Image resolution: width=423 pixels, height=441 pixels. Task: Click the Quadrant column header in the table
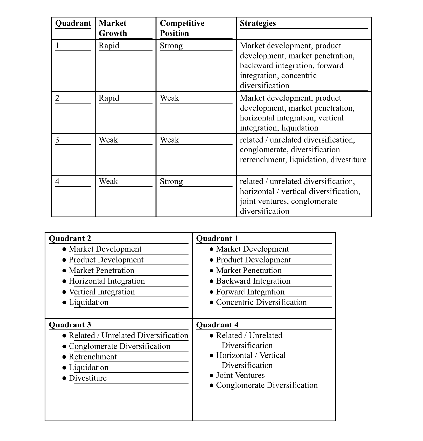tap(73, 23)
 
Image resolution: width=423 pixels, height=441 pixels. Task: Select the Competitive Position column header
tap(182, 28)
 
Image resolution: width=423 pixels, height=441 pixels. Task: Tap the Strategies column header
tap(258, 23)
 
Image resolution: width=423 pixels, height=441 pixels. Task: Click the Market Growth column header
tap(112, 28)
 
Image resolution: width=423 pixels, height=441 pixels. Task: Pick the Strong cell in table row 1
tap(171, 46)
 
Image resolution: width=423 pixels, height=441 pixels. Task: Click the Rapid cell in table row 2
tap(109, 98)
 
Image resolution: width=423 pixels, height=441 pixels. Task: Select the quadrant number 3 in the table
tap(57, 140)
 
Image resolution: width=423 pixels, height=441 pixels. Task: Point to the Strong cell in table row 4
tap(171, 181)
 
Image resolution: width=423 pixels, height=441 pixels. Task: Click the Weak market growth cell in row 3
tap(108, 140)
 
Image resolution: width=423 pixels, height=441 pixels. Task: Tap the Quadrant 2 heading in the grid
tap(70, 238)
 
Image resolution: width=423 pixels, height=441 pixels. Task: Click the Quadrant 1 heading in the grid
tap(217, 238)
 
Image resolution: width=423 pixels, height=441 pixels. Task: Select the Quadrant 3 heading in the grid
tap(70, 325)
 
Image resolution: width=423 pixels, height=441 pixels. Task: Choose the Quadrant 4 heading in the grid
tap(217, 325)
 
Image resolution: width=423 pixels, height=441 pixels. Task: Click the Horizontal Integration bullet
tap(106, 281)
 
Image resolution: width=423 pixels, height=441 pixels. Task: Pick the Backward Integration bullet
tap(253, 281)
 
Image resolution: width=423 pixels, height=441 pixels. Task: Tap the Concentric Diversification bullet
tap(261, 302)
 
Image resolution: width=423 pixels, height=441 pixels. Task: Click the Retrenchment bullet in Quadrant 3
tap(93, 357)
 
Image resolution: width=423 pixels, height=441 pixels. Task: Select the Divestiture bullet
tap(88, 378)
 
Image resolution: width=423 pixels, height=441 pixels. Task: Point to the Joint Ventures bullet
tap(240, 375)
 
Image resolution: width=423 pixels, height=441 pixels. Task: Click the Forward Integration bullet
tap(250, 292)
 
